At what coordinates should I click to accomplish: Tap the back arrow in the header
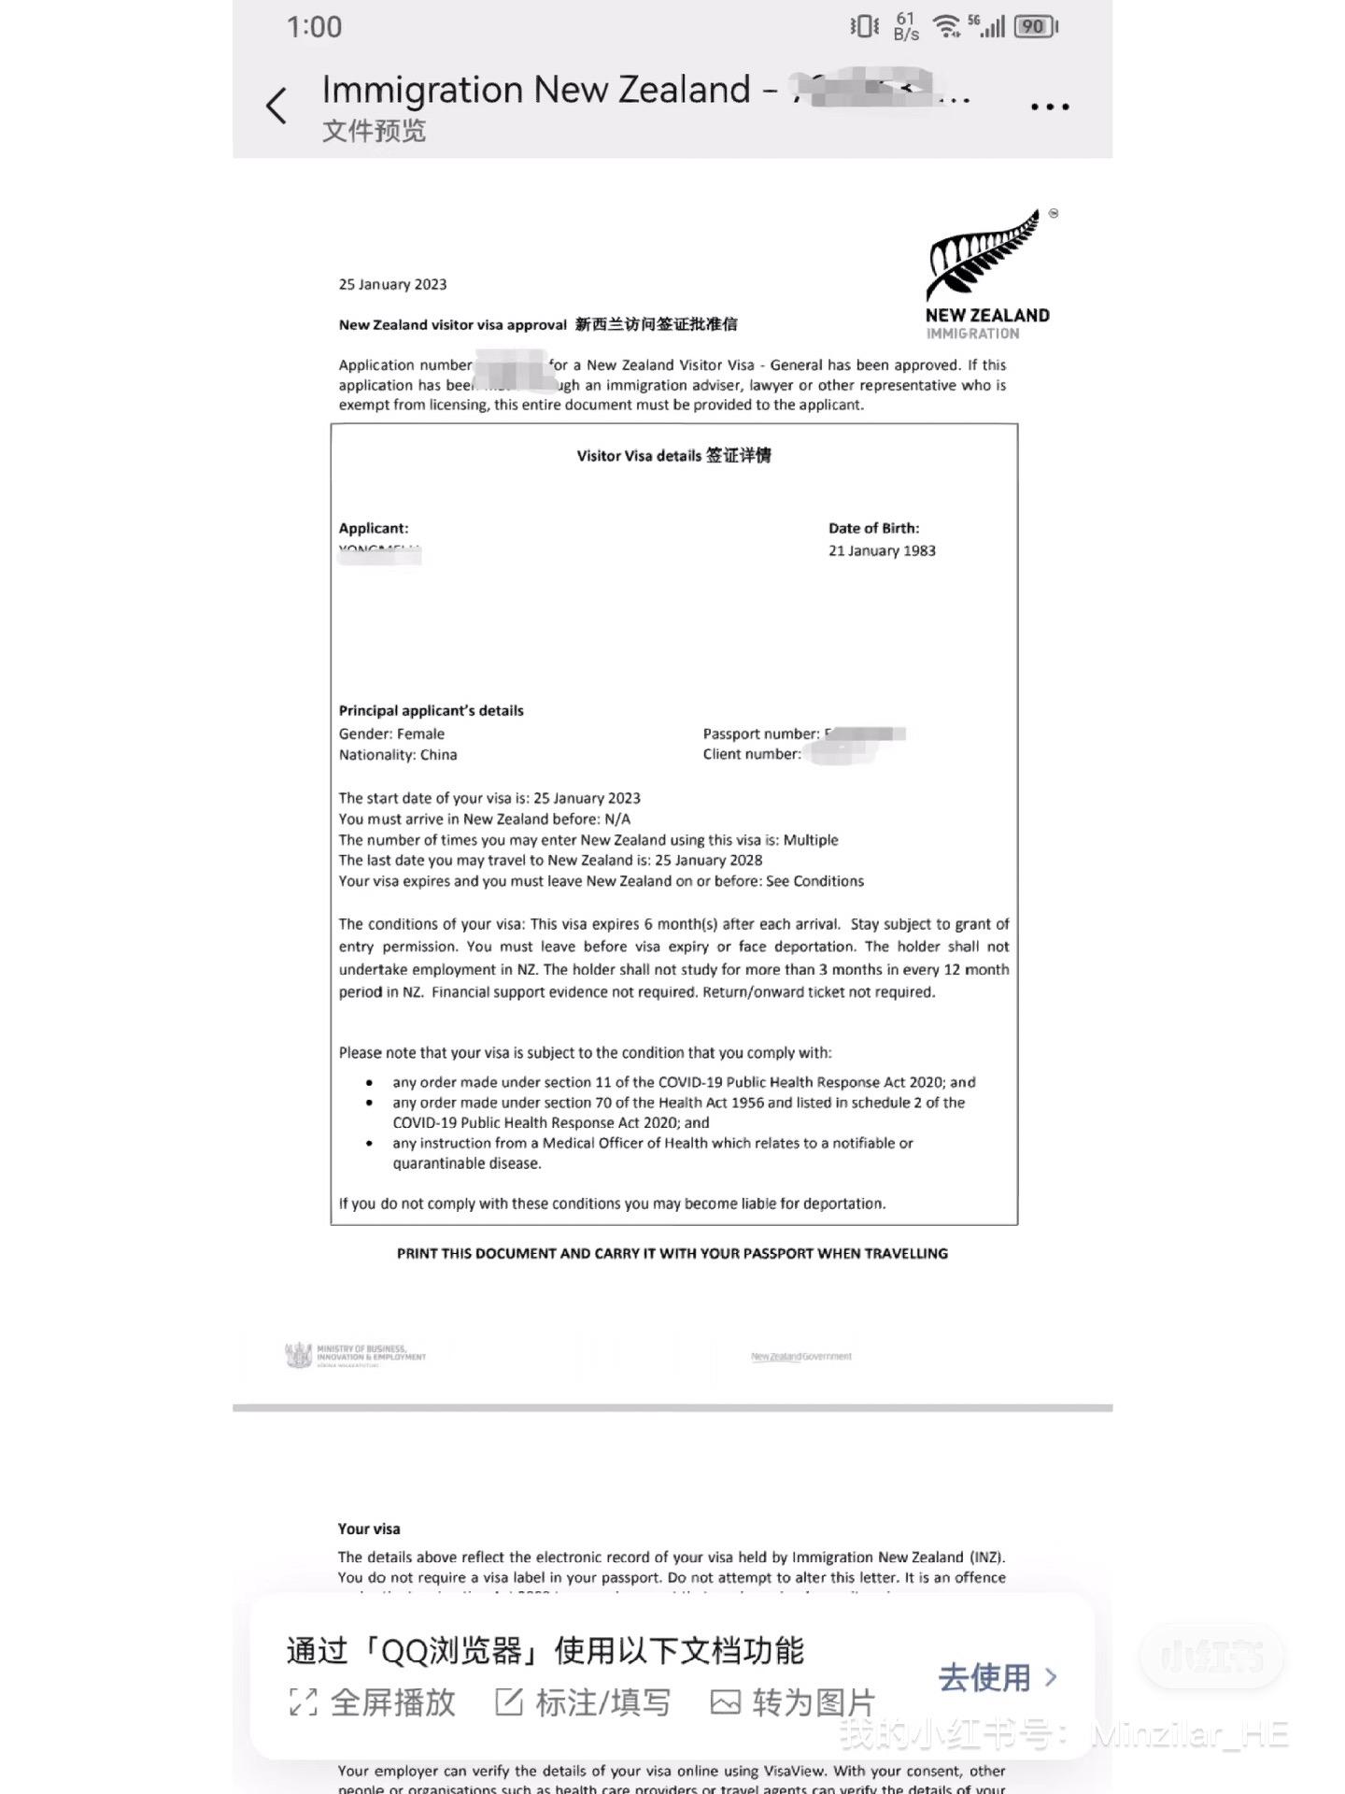[x=276, y=106]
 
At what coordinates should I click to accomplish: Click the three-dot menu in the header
[x=1049, y=107]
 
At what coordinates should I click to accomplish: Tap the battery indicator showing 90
[x=1034, y=27]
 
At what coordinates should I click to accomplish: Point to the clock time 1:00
[x=314, y=27]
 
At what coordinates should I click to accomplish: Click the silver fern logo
[x=985, y=255]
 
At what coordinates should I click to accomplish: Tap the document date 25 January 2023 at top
[x=392, y=284]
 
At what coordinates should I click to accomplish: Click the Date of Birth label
[x=873, y=528]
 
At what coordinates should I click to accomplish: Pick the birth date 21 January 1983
[x=882, y=550]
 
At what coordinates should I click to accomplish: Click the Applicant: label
[x=374, y=528]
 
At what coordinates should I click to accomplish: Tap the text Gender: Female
[x=391, y=733]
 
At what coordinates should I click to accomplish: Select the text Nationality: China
[x=398, y=755]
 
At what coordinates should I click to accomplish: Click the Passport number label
[x=760, y=733]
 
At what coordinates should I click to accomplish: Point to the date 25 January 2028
[x=708, y=861]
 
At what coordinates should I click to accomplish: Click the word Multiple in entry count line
[x=810, y=840]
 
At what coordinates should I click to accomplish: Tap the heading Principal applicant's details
[x=431, y=710]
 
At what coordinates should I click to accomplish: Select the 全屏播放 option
[x=373, y=1702]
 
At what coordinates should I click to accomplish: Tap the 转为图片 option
[x=793, y=1702]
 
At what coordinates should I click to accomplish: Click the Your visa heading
[x=369, y=1529]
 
